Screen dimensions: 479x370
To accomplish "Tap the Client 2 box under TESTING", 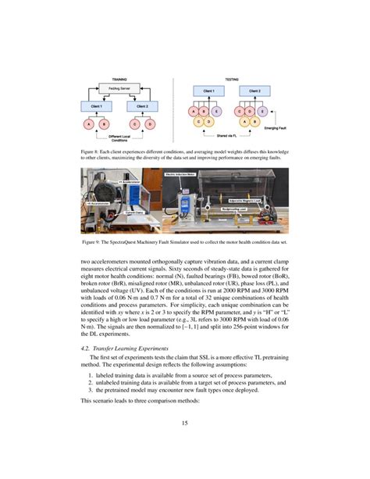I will [255, 91].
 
